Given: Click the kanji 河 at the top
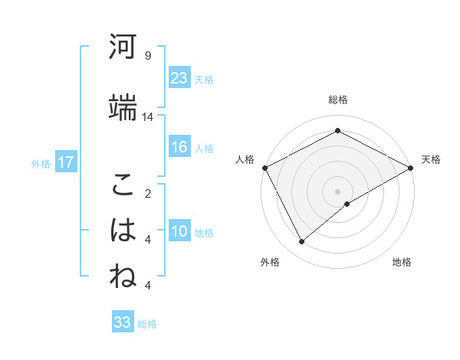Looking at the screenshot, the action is pos(123,47).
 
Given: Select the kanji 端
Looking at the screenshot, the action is pos(123,108).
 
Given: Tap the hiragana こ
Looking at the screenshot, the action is pos(123,185).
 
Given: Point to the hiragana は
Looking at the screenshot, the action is pos(123,230).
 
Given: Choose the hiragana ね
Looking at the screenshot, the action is pos(123,276).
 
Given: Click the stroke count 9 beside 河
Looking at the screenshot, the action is pos(147,56).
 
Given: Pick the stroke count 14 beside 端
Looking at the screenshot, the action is pos(148,117).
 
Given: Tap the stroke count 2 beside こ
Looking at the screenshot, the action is pos(147,193).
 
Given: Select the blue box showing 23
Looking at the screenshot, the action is pos(179,78).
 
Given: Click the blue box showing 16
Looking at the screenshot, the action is pos(179,147).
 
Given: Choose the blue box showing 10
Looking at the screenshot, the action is pos(179,231).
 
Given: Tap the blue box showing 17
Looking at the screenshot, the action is pos(65,162).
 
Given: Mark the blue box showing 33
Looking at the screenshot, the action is pos(123,322).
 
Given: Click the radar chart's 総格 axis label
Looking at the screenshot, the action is pos(338,100).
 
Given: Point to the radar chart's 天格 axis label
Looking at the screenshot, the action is pos(431,159).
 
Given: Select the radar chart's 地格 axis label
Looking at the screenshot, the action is pos(402,262).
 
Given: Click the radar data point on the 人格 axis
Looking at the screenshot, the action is pos(264,168).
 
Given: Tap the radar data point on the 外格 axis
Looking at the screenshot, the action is pos(302,242).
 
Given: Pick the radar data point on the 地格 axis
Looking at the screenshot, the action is pos(347,204).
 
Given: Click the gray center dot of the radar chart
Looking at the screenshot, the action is pos(338,191).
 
